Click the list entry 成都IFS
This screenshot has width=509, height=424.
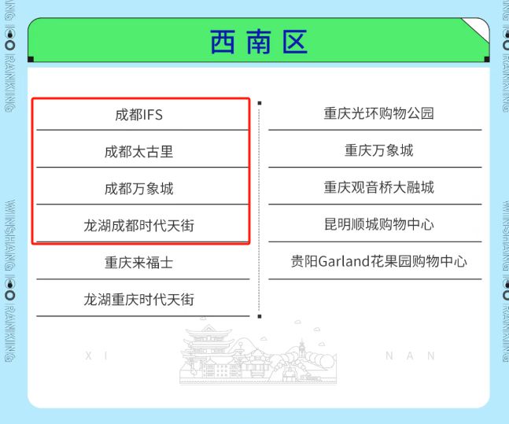[x=139, y=115]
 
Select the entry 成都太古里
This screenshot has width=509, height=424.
[x=139, y=152]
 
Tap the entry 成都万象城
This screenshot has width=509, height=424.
[x=139, y=189]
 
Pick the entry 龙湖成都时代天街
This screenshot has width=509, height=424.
[x=139, y=226]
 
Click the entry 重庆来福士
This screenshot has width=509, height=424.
[x=139, y=263]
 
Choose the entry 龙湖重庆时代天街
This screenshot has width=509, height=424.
[x=139, y=300]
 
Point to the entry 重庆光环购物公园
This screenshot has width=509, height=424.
[x=378, y=113]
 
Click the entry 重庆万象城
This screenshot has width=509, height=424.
[x=378, y=150]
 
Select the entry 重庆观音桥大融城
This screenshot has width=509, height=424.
[x=378, y=187]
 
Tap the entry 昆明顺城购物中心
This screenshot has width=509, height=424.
[x=378, y=224]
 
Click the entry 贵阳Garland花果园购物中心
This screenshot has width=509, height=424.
[x=378, y=261]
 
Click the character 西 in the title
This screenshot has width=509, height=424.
[x=222, y=42]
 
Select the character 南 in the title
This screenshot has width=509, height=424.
[x=258, y=42]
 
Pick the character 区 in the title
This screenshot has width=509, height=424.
[x=294, y=42]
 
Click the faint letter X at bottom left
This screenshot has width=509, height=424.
[x=87, y=356]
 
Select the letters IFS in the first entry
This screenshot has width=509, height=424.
[x=152, y=115]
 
